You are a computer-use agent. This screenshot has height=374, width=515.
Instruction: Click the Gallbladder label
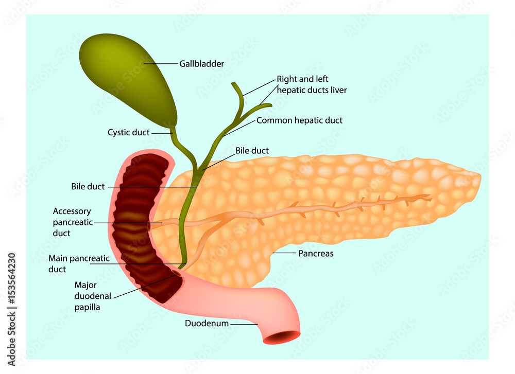tap(201, 64)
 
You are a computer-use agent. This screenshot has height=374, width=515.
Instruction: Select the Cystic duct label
tap(128, 133)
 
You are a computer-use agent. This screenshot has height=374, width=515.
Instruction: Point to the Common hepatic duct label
tap(299, 120)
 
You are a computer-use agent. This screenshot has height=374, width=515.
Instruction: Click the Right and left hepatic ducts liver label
tap(312, 85)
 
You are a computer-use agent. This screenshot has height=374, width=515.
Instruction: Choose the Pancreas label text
tap(316, 254)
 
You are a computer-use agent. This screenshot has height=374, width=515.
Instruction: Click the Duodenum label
tap(207, 324)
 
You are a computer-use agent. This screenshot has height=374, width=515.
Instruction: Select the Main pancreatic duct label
tap(79, 264)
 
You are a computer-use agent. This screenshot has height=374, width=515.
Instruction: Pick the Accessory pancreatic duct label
tap(72, 222)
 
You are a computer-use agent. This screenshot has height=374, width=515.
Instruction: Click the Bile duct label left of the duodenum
tap(88, 186)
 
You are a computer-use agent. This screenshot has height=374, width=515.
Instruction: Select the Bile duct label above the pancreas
tap(252, 151)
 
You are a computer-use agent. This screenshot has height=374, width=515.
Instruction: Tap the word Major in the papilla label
tap(85, 284)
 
